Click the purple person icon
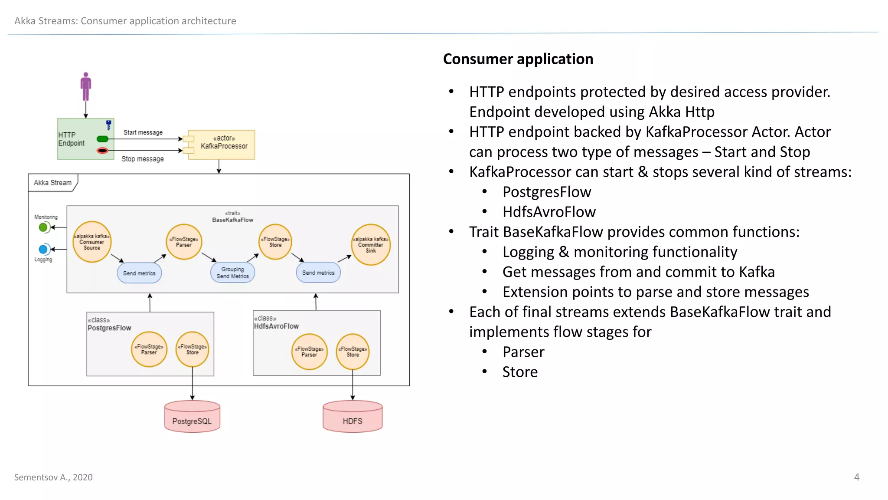(86, 86)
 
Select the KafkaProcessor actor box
(223, 145)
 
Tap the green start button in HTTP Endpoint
(103, 139)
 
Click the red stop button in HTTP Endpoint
(103, 151)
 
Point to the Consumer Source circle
(92, 242)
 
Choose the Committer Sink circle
(371, 245)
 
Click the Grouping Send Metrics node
(233, 273)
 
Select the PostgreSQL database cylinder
(192, 417)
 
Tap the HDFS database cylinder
(353, 417)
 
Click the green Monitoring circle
(43, 227)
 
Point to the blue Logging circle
(43, 249)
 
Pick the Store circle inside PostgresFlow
(193, 349)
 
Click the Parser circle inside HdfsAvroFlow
(309, 352)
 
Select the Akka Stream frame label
(53, 183)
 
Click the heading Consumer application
(518, 59)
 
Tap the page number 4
(857, 477)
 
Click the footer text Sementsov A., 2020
(53, 477)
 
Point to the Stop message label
(143, 159)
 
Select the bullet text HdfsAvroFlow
(549, 212)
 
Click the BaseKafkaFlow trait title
(233, 220)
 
